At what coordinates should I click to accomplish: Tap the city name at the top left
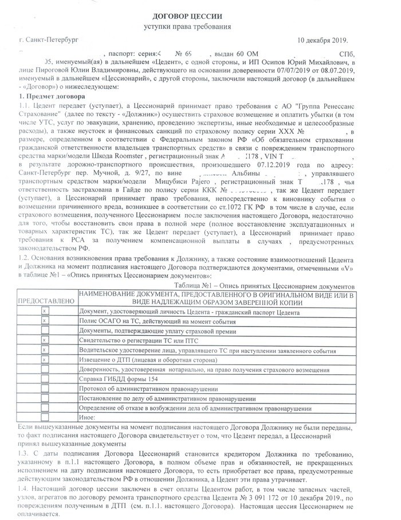pos(48,41)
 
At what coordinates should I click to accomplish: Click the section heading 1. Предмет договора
pos(51,96)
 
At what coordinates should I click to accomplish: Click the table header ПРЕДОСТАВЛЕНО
pos(46,300)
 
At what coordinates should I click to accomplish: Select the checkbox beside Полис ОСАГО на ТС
pos(45,321)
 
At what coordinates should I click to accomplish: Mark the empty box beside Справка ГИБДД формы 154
pos(45,380)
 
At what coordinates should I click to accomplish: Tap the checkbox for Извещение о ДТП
pos(45,360)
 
